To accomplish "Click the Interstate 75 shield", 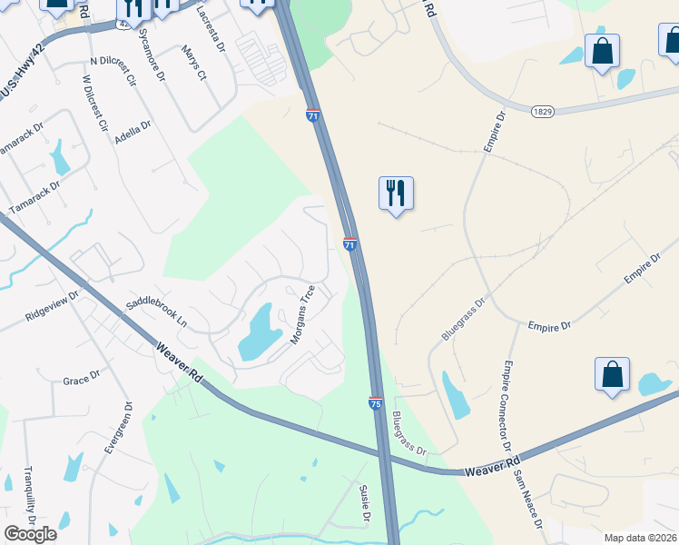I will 376,402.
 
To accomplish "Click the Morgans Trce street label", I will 302,314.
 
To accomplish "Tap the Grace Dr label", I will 82,380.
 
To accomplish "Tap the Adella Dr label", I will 133,134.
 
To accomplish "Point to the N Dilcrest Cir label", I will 113,69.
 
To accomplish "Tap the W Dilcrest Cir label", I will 94,104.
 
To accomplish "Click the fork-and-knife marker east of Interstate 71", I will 396,194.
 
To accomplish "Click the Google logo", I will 30,534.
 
